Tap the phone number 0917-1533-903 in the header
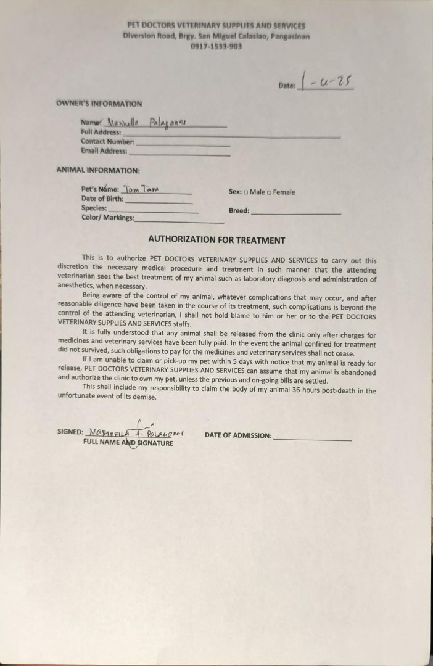(x=216, y=46)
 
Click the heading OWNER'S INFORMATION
(x=99, y=104)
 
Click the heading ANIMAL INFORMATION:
(x=98, y=170)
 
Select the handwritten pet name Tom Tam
(x=141, y=190)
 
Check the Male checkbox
(x=245, y=192)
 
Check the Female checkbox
(x=270, y=192)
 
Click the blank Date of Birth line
(x=159, y=200)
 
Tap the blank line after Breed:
(x=296, y=212)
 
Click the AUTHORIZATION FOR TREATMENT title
(x=216, y=240)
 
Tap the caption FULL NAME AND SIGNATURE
(x=128, y=443)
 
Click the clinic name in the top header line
(x=216, y=26)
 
